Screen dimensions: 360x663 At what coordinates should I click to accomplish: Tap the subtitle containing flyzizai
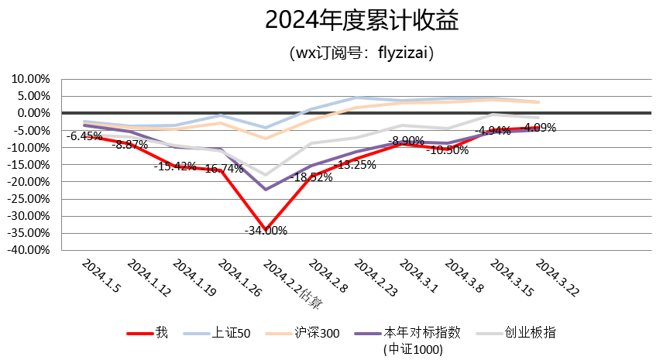pyautogui.click(x=362, y=54)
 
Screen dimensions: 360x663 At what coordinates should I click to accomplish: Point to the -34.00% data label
pyautogui.click(x=266, y=230)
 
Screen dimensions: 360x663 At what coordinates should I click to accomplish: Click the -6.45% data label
pyautogui.click(x=84, y=135)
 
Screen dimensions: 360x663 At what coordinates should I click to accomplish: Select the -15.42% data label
pyautogui.click(x=174, y=166)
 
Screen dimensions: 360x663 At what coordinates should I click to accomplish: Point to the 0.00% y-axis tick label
pyautogui.click(x=33, y=113)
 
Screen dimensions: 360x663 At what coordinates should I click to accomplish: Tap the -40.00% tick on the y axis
pyautogui.click(x=29, y=250)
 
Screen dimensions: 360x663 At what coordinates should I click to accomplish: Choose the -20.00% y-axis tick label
pyautogui.click(x=29, y=182)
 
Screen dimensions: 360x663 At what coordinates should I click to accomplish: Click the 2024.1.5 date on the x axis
pyautogui.click(x=101, y=277)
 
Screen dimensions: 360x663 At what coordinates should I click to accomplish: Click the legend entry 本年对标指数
pyautogui.click(x=422, y=333)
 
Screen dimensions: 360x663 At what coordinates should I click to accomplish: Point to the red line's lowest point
pyautogui.click(x=266, y=229)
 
